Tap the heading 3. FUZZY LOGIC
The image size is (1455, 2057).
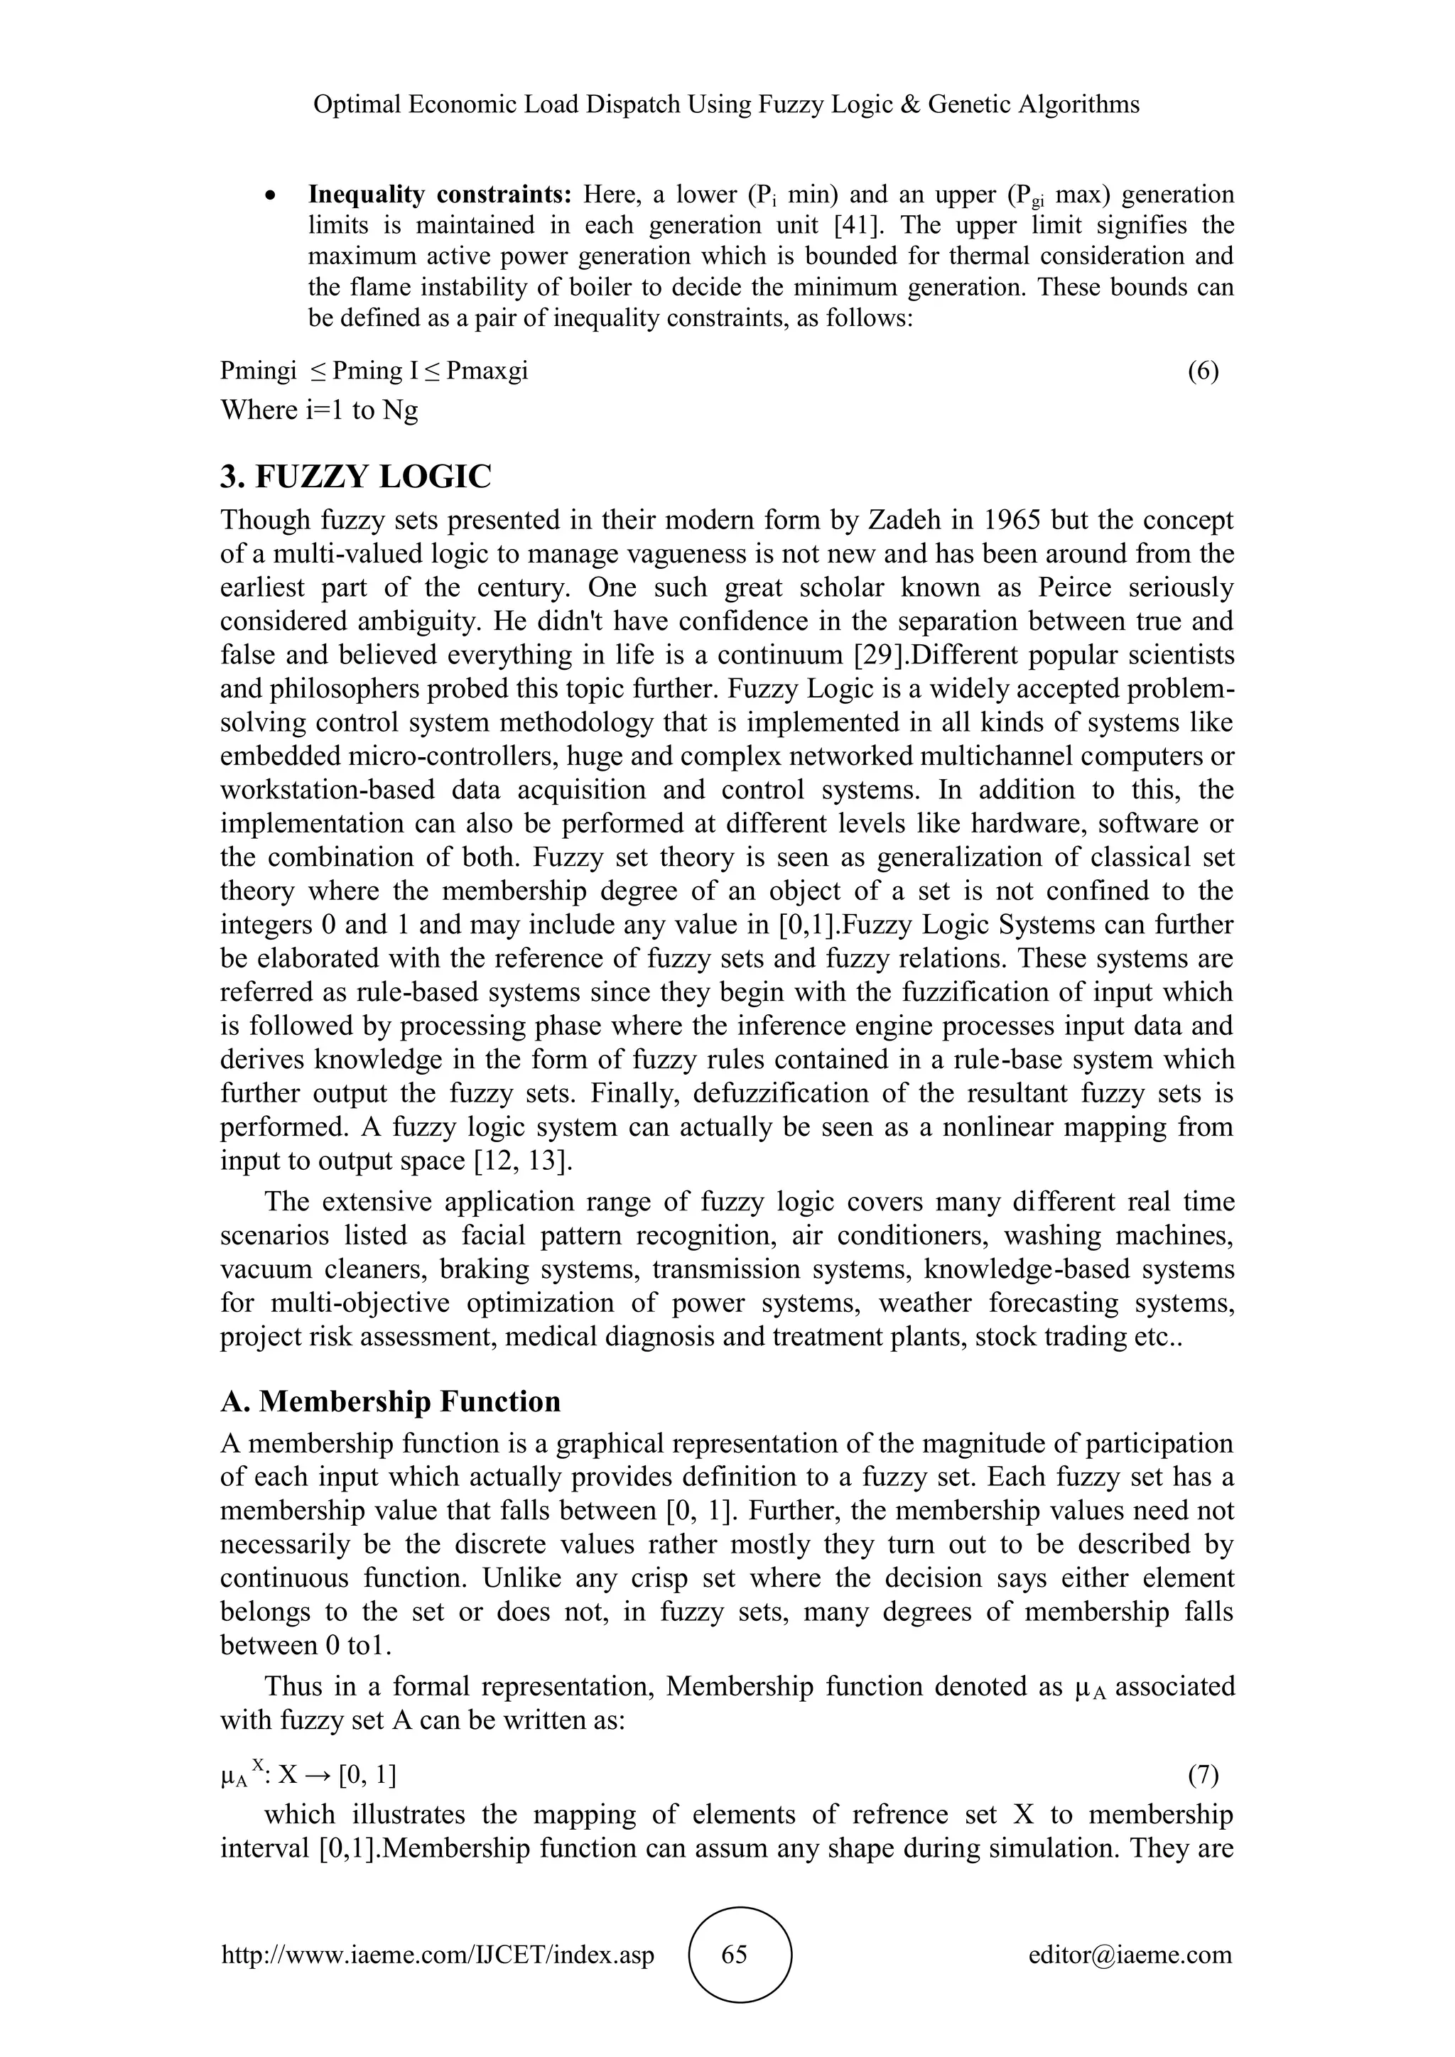pos(356,477)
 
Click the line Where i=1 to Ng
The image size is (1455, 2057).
pos(319,411)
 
